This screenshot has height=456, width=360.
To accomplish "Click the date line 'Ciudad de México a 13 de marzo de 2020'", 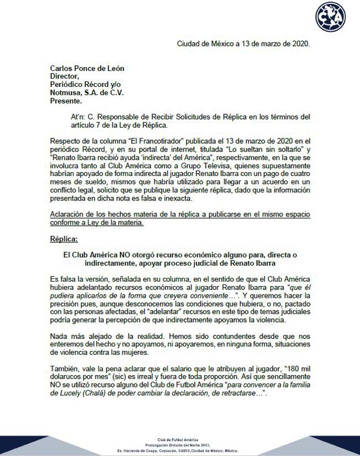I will (243, 43).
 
